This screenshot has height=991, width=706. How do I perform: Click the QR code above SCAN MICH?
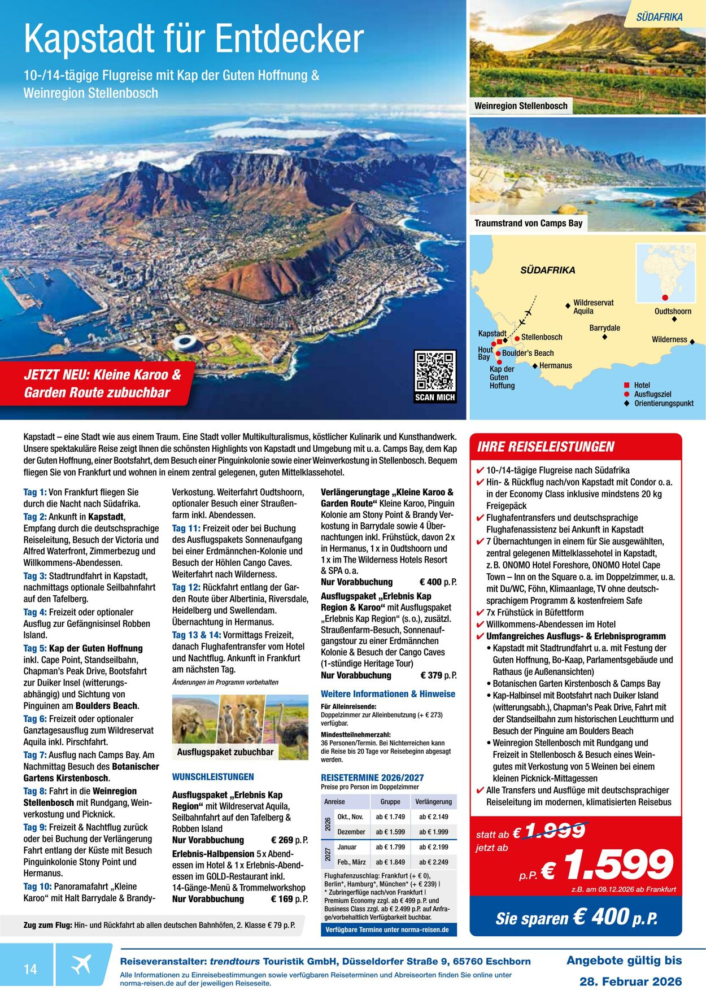(x=434, y=370)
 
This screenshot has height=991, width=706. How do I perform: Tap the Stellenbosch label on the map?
(x=541, y=337)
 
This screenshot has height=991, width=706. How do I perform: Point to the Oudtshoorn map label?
(x=673, y=311)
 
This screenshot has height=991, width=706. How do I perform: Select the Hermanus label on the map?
(x=555, y=365)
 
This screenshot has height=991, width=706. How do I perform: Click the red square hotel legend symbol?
(x=626, y=385)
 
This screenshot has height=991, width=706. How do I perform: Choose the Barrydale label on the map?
(x=604, y=328)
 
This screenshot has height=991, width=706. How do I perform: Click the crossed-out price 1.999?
(x=556, y=831)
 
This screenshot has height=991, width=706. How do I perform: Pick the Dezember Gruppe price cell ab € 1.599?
(x=390, y=832)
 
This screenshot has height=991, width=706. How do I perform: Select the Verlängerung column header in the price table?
(x=433, y=801)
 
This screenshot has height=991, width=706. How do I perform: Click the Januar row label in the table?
(x=347, y=847)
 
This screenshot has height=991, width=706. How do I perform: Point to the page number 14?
(x=30, y=969)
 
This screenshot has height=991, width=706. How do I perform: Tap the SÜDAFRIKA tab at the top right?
(x=659, y=17)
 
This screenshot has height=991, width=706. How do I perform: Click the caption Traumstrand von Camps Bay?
(x=528, y=223)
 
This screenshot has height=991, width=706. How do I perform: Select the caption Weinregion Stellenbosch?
(x=521, y=106)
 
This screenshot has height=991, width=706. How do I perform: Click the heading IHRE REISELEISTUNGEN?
(x=545, y=447)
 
